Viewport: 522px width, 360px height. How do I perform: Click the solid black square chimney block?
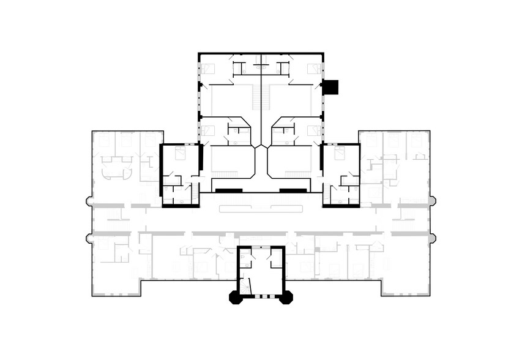point(330,87)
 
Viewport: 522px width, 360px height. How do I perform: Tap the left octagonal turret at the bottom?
point(235,298)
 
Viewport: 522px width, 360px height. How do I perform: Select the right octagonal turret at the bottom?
point(286,298)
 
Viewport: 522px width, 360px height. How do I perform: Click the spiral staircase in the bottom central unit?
point(247,285)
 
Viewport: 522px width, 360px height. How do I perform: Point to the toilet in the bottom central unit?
point(244,260)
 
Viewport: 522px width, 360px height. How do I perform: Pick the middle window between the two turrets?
point(261,296)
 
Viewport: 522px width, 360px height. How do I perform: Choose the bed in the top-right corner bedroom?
point(313,69)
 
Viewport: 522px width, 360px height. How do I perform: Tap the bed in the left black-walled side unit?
point(181,154)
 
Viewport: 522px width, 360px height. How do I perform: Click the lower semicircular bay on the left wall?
point(88,236)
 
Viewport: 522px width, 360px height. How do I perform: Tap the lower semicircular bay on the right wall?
point(433,236)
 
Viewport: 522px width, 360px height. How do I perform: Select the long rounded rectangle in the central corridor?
point(261,208)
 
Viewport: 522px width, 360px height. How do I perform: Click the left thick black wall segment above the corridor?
point(228,190)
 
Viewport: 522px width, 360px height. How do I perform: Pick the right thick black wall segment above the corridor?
point(293,190)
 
